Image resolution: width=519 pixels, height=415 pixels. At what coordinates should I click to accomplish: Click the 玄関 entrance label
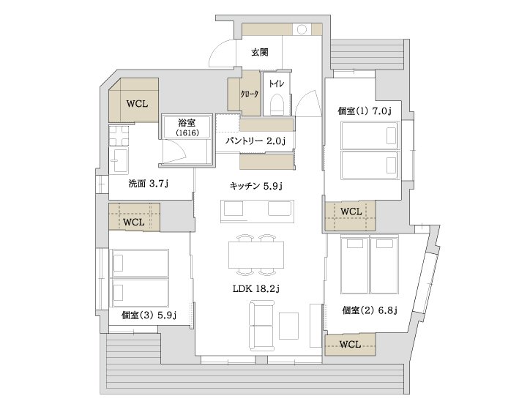tap(259, 53)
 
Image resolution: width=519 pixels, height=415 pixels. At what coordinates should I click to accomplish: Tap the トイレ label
tap(277, 83)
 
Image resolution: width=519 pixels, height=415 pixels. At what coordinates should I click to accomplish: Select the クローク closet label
tap(244, 94)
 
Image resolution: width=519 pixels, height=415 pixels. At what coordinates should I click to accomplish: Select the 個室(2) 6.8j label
tap(369, 310)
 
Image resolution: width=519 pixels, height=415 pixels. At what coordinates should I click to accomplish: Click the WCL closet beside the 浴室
tap(137, 103)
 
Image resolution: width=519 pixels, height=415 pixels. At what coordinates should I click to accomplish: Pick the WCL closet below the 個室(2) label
tap(350, 344)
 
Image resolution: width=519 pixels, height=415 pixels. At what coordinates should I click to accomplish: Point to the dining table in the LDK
tap(256, 256)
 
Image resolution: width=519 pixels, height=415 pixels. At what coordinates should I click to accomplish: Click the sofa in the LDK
tap(262, 325)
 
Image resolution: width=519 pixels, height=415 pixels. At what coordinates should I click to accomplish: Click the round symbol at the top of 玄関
tap(301, 31)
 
